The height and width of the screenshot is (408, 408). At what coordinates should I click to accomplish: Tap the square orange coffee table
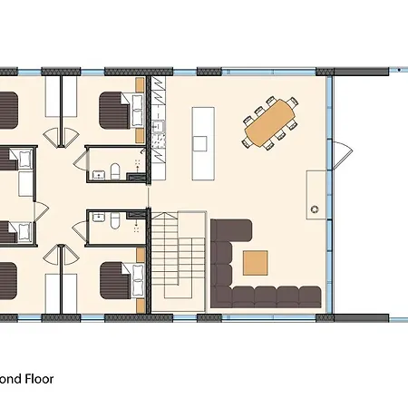point(256,262)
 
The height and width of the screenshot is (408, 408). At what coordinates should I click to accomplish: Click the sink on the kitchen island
point(200,143)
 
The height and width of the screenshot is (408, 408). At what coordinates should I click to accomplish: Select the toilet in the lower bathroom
point(114,220)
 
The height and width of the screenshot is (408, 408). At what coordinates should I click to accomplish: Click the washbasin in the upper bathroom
point(97,166)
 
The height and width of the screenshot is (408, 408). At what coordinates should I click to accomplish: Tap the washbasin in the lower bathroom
point(96,220)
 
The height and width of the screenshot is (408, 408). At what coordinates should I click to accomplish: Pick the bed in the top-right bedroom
point(118,113)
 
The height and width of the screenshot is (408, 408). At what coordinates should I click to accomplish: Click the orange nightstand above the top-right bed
point(140,84)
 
